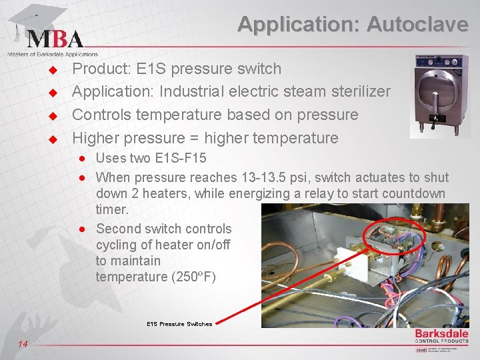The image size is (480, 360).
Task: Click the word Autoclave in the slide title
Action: (x=418, y=25)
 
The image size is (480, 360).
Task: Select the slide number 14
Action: (x=23, y=344)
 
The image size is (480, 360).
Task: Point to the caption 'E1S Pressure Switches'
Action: (x=179, y=324)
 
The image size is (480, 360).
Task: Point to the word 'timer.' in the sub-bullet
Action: (x=113, y=210)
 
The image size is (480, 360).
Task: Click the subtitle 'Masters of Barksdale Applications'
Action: (x=53, y=55)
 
